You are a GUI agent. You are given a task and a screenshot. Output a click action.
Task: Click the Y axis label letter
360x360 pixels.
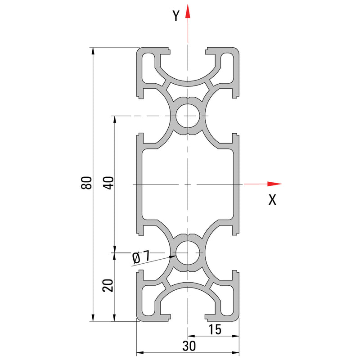(176, 16)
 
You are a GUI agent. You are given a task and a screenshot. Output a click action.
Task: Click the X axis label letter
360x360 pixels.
(272, 200)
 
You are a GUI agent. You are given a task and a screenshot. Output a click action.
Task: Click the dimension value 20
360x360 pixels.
(108, 285)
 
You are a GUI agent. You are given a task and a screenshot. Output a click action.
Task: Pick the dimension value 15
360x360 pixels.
(215, 330)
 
